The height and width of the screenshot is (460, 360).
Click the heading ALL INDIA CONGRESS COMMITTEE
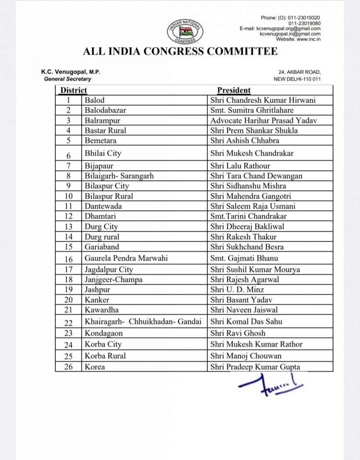(180, 52)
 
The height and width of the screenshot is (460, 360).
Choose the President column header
(234, 90)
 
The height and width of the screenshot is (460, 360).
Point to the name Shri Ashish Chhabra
(244, 141)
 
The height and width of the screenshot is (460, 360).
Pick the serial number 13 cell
(69, 226)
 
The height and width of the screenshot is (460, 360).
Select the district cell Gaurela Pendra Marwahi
(126, 258)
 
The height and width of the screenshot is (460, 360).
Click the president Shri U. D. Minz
(237, 290)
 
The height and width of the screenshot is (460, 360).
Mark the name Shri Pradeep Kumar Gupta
(255, 367)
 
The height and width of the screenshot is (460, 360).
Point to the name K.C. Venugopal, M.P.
(71, 72)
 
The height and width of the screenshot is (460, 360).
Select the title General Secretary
(68, 79)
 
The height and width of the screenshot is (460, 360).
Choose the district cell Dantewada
(103, 206)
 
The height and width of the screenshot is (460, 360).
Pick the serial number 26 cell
(69, 367)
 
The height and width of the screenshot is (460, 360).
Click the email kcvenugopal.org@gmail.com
(280, 29)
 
